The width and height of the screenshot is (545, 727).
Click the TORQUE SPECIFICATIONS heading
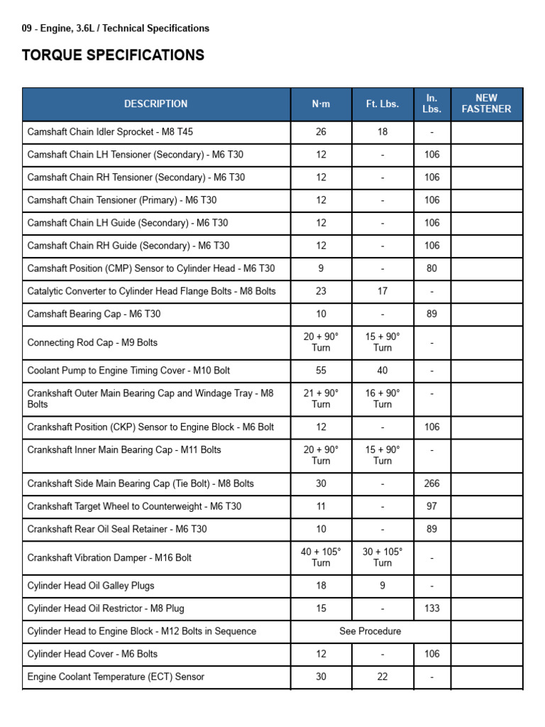(x=114, y=55)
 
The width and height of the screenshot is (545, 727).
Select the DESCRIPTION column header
(x=156, y=104)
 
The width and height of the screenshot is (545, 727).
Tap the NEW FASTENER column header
(x=486, y=104)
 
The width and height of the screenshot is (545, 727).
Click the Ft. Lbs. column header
(x=382, y=104)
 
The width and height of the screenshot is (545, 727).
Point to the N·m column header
(x=321, y=104)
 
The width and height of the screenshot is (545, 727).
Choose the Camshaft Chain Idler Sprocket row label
(x=99, y=132)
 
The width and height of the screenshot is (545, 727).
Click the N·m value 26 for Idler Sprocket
(x=321, y=132)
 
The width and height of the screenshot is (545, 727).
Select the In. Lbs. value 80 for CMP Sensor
(x=431, y=268)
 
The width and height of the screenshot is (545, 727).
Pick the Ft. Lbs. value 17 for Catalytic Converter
(x=382, y=291)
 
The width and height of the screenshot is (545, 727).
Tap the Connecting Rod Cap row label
(x=92, y=342)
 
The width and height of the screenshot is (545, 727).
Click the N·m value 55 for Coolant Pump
(x=321, y=371)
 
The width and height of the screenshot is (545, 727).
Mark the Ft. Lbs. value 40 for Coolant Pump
(x=382, y=371)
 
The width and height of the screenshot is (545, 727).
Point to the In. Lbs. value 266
(x=431, y=483)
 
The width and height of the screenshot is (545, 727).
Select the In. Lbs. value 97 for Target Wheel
(x=431, y=506)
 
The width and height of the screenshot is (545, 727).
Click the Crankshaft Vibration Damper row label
(x=109, y=557)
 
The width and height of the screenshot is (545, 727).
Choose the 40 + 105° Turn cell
(x=321, y=557)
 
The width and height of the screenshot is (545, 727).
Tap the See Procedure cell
(x=370, y=631)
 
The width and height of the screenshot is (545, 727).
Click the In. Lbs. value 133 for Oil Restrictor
(x=431, y=608)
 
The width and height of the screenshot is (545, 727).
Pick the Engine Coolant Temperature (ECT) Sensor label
(x=116, y=677)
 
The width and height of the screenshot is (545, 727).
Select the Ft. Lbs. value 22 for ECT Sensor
(x=382, y=677)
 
